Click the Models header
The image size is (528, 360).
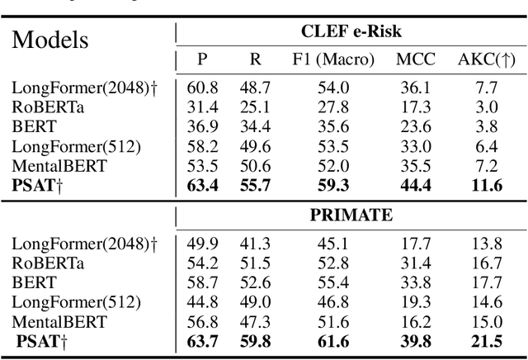point(49,39)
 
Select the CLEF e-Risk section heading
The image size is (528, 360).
point(350,34)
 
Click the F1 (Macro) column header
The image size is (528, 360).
point(332,60)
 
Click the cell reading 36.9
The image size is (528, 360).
point(202,126)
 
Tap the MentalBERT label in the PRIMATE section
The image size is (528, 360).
point(51,321)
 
